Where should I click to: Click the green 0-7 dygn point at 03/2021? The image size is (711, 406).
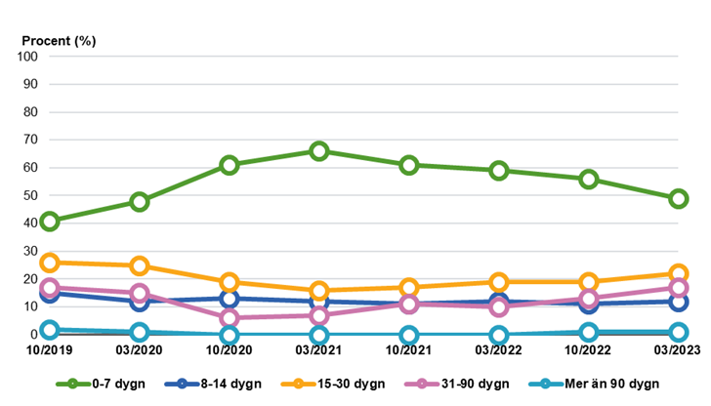point(319,151)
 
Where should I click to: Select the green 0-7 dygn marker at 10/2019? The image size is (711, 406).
point(50,221)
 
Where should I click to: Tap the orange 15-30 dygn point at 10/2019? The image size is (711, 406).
point(50,263)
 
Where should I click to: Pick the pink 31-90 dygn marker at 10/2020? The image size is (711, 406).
point(230,318)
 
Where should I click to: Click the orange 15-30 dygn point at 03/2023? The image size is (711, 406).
point(679,274)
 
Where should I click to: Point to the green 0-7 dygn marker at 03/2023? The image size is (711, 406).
point(679,199)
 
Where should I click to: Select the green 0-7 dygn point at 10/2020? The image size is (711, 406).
point(230,165)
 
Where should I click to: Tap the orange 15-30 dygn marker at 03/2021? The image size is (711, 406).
point(319,291)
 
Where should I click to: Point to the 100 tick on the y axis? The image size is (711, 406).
point(26,57)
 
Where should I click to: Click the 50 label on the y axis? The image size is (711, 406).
point(29,195)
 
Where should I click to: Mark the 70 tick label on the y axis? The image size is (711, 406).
point(29,140)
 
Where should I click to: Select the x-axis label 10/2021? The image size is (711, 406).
point(409,350)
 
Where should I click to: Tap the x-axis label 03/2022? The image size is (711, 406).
point(499,350)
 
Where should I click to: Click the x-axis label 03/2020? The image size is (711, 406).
point(140,350)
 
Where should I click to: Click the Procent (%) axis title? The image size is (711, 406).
point(60,40)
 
